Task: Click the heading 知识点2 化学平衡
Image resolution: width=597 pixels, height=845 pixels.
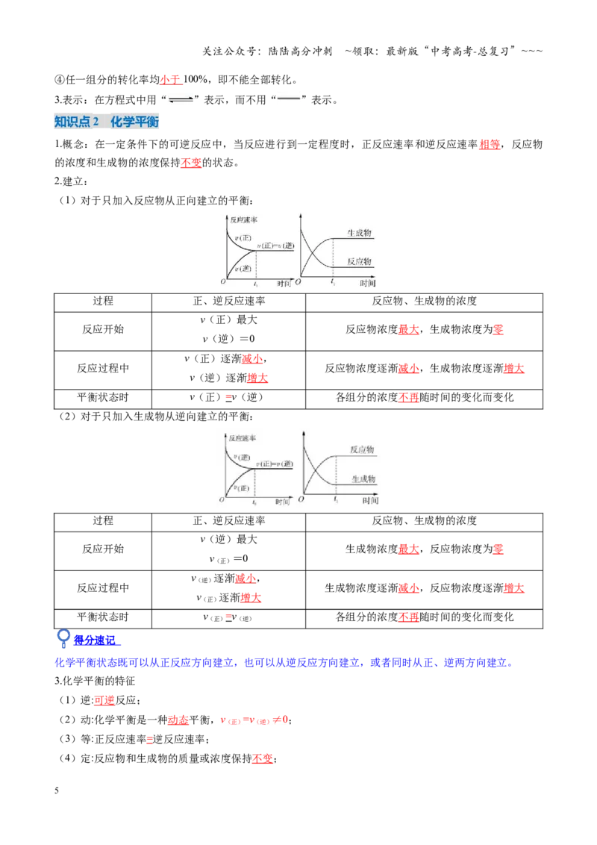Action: pyautogui.click(x=107, y=122)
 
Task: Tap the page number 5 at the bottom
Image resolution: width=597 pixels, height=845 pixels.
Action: pyautogui.click(x=57, y=791)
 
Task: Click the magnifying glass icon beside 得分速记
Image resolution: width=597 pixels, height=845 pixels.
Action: pyautogui.click(x=63, y=638)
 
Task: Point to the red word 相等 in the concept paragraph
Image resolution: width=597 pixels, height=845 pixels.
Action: pyautogui.click(x=490, y=144)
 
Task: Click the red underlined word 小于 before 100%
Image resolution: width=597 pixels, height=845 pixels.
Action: pyautogui.click(x=170, y=80)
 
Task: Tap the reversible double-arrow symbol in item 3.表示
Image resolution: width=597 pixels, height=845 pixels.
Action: pyautogui.click(x=181, y=100)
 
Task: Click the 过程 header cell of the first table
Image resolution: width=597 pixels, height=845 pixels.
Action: pyautogui.click(x=103, y=302)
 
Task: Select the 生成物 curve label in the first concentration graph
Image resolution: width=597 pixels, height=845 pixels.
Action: pyautogui.click(x=360, y=233)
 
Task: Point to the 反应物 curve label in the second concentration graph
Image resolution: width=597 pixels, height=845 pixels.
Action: pyautogui.click(x=362, y=449)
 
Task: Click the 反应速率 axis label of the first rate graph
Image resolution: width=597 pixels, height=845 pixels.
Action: pyautogui.click(x=243, y=220)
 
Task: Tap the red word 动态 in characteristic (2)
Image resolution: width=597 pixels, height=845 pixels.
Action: pyautogui.click(x=178, y=720)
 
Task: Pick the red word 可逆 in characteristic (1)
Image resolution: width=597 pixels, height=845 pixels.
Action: pyautogui.click(x=104, y=701)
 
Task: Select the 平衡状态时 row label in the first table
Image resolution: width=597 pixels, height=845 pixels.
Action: pyautogui.click(x=103, y=398)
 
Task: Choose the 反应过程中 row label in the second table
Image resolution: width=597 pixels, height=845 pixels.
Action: pyautogui.click(x=103, y=588)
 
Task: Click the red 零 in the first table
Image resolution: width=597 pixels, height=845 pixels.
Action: pyautogui.click(x=498, y=329)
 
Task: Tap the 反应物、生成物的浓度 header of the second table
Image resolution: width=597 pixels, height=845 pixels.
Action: pyautogui.click(x=424, y=520)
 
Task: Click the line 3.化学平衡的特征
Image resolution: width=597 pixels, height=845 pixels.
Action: pyautogui.click(x=95, y=682)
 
